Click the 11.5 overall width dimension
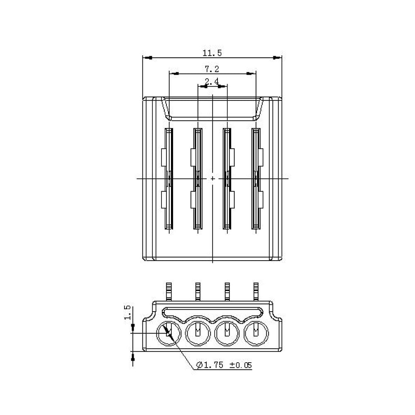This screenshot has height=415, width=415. pyautogui.click(x=212, y=53)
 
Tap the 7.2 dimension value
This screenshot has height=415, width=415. pyautogui.click(x=212, y=69)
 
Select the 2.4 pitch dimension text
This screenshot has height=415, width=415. pyautogui.click(x=212, y=81)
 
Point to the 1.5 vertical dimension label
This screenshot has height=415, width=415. pyautogui.click(x=127, y=312)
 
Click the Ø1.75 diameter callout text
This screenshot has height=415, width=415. pyautogui.click(x=210, y=365)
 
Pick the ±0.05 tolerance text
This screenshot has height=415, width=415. pyautogui.click(x=241, y=365)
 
